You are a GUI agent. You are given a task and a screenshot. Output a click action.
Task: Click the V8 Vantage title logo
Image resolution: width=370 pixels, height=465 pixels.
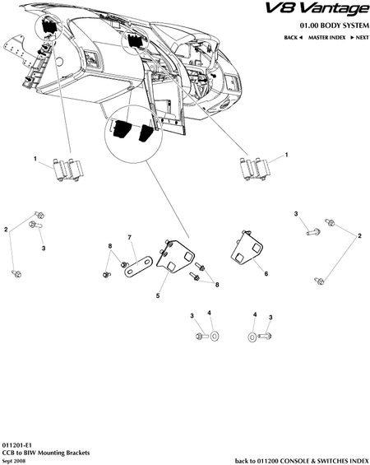point(317,9)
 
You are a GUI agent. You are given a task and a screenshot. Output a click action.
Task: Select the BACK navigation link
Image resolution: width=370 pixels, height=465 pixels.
point(293,38)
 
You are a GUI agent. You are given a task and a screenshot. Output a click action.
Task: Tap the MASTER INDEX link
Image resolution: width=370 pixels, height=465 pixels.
point(326,38)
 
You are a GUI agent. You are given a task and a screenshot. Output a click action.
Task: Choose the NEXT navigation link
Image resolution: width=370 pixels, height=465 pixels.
point(359,38)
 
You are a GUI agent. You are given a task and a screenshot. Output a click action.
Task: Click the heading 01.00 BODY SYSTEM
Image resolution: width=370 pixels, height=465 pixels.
point(335,26)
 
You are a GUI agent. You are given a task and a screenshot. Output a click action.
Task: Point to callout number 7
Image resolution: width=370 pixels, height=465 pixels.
point(129,237)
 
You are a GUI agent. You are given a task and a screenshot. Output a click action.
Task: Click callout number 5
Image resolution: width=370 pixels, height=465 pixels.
point(158,295)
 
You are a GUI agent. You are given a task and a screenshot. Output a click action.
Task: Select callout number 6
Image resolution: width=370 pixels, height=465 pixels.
point(266,273)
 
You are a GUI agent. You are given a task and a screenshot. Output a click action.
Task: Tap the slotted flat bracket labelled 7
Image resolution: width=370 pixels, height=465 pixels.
point(138,266)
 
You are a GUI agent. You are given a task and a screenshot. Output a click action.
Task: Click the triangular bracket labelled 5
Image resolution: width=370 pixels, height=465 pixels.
point(176,256)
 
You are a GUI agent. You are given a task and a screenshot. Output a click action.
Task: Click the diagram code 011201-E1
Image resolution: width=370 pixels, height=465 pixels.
point(16,445)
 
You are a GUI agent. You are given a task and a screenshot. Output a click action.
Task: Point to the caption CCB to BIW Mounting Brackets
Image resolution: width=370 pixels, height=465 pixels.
point(46,453)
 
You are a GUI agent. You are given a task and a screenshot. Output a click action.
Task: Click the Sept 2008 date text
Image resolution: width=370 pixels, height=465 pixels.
point(14,461)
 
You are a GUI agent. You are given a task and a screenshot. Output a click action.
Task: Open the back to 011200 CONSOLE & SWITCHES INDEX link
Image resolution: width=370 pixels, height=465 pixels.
point(302,461)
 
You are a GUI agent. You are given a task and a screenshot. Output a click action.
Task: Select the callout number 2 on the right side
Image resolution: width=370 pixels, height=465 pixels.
point(359,236)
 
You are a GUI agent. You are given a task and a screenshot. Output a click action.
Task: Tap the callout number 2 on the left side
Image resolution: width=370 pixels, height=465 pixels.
point(6,230)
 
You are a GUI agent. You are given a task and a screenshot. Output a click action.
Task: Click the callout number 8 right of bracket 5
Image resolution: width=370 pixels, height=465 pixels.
point(217,285)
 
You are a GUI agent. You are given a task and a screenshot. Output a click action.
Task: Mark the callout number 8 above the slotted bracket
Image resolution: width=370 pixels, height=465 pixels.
point(110,246)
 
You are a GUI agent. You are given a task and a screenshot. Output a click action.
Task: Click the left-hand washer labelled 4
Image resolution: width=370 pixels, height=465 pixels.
point(214,337)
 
